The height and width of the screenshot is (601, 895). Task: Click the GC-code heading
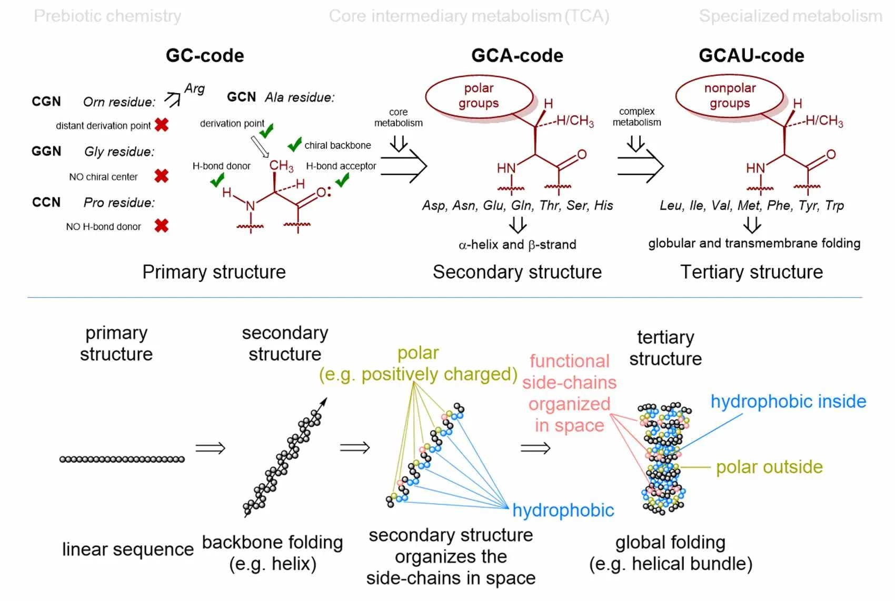[205, 55]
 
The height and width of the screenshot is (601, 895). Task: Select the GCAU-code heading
[751, 55]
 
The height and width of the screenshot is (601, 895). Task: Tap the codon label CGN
[46, 101]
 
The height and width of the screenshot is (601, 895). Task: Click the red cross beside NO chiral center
[162, 176]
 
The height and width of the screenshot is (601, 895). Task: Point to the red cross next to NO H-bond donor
[162, 226]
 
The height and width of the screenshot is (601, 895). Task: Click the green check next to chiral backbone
[294, 144]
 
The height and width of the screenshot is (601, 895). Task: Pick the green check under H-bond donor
[217, 181]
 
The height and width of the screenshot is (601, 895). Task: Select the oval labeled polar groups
[479, 96]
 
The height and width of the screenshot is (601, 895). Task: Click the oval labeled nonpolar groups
[730, 96]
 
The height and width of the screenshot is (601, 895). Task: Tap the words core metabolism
[399, 117]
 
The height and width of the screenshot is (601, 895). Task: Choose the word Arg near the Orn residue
[194, 88]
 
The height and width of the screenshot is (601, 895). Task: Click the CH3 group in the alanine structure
[281, 166]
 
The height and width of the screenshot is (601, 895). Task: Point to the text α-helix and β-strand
[517, 245]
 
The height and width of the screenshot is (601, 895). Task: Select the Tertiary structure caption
[751, 272]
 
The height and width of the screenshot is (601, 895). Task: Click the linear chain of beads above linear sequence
[122, 459]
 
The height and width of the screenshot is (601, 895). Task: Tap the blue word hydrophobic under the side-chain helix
[563, 510]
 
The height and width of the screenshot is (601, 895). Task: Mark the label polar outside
[769, 467]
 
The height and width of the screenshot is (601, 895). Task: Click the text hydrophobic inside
[788, 402]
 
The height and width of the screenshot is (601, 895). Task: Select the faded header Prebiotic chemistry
[107, 16]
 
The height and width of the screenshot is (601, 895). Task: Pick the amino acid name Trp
[834, 205]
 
